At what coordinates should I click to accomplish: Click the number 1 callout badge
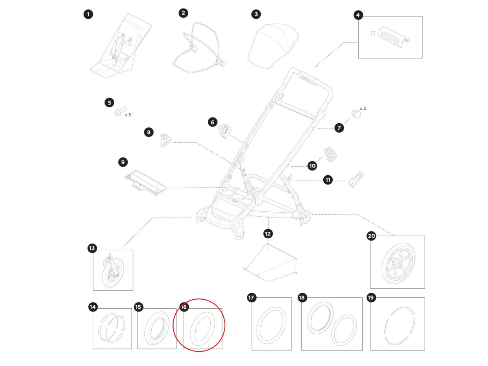tap(88, 15)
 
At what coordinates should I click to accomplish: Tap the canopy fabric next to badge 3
tap(273, 46)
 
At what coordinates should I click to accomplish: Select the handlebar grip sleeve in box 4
tap(394, 37)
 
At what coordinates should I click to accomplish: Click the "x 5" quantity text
tap(128, 115)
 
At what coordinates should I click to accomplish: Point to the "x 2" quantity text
tap(363, 109)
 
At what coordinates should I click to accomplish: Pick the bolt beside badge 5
tap(120, 111)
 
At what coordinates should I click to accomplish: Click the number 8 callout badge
tap(149, 133)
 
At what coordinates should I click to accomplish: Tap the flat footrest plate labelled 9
tap(146, 183)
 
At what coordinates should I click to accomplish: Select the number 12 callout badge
tap(268, 234)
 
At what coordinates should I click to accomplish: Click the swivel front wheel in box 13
tap(111, 271)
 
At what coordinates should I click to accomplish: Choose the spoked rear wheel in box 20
tap(399, 264)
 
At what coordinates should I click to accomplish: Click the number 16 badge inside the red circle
tap(184, 307)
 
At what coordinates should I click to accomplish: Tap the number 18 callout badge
tap(302, 298)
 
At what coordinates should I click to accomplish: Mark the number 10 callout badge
tap(312, 166)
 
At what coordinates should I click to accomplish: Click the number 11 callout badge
tap(328, 180)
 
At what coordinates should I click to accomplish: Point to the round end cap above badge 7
tap(356, 114)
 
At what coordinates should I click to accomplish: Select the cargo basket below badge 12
tap(270, 262)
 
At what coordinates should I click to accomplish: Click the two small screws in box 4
tap(373, 33)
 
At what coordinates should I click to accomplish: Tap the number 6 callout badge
tap(213, 122)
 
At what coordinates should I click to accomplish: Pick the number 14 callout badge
tap(93, 307)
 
